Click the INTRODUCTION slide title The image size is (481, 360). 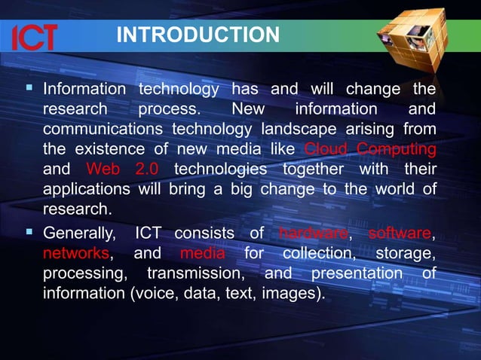(x=198, y=35)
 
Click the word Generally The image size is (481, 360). (x=81, y=233)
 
